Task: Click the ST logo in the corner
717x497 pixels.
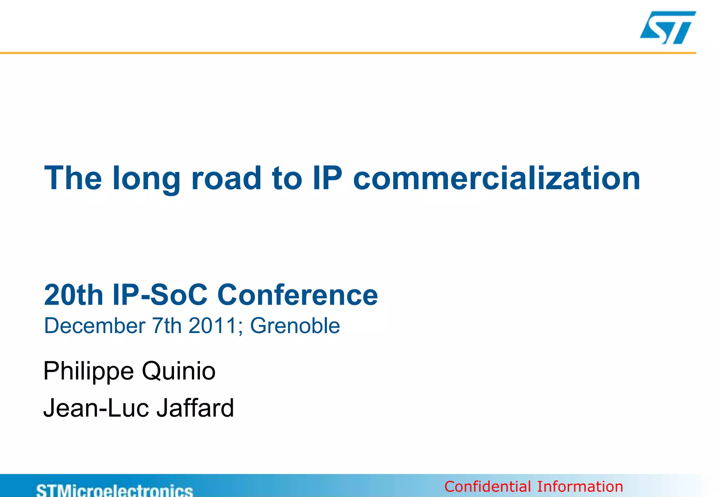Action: click(668, 27)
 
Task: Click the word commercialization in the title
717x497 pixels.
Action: click(496, 178)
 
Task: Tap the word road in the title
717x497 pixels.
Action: click(226, 178)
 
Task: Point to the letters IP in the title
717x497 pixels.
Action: click(327, 178)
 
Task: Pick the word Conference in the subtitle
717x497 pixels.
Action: click(298, 295)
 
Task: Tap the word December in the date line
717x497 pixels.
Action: click(95, 326)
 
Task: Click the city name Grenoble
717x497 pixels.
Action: click(295, 326)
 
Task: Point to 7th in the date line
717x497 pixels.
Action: click(166, 326)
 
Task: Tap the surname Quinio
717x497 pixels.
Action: click(179, 371)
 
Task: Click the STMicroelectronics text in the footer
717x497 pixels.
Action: click(114, 490)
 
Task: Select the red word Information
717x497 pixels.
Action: click(580, 487)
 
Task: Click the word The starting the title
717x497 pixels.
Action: click(73, 178)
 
